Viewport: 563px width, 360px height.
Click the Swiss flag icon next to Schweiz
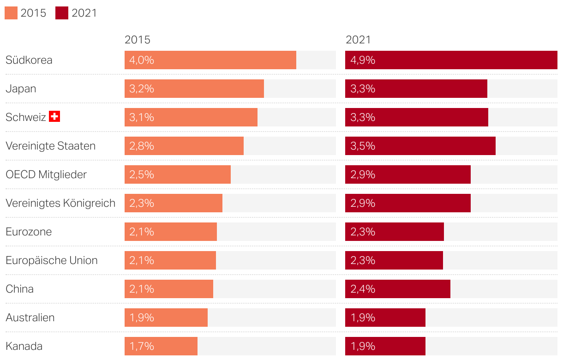54,117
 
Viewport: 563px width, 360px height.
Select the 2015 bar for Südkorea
210,60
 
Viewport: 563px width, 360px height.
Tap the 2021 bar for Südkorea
451,60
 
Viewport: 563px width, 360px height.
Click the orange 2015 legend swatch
11,13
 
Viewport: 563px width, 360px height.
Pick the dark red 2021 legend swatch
62,13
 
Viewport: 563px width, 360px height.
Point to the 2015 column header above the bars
138,40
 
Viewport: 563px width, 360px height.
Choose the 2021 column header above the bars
358,40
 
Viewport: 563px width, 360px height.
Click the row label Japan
21,89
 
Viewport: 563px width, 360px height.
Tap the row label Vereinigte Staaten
51,146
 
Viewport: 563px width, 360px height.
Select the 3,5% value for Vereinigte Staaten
363,146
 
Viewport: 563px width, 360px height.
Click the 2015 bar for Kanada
161,346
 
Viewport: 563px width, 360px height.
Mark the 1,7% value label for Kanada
142,346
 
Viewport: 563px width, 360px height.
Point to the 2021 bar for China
398,289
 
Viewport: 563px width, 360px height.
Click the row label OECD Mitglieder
46,174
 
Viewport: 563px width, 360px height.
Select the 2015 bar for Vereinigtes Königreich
174,203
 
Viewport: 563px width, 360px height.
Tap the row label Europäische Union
52,260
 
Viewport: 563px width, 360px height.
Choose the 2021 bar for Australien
385,318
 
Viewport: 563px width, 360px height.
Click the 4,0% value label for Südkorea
142,60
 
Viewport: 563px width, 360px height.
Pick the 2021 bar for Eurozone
395,232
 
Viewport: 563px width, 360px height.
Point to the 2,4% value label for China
363,289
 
